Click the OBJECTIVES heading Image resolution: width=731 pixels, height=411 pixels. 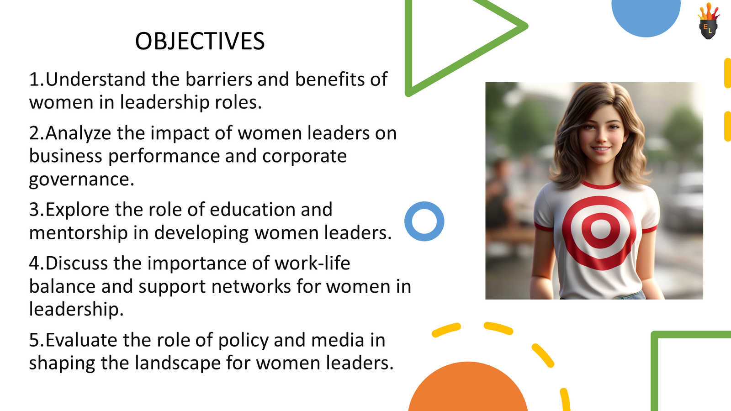[x=200, y=41]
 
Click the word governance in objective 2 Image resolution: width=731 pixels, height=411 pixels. [x=81, y=179]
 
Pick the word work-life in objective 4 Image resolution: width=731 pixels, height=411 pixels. [x=312, y=263]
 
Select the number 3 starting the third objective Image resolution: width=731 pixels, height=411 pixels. [x=34, y=210]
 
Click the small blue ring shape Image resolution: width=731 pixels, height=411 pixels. [x=424, y=221]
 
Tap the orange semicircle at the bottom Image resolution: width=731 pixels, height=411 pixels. [x=467, y=388]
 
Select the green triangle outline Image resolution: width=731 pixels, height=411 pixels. [x=409, y=46]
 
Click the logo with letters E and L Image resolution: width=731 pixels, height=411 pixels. [x=708, y=23]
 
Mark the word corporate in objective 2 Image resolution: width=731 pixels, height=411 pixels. [x=304, y=156]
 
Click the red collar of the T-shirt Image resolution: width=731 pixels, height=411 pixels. [x=600, y=185]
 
